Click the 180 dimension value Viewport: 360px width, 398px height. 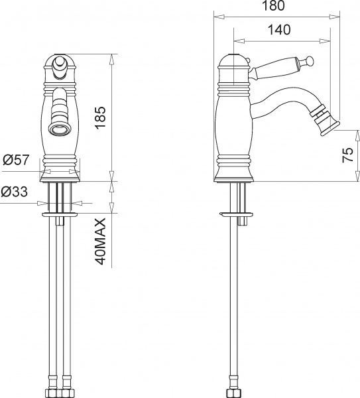272,7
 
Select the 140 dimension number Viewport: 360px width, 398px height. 282,29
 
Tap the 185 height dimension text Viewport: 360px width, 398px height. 101,117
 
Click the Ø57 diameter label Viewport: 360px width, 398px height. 15,160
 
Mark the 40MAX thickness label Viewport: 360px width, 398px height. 101,240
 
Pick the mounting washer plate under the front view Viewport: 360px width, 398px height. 61,215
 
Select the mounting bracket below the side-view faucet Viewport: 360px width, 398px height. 236,214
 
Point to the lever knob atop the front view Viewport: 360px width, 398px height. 60,64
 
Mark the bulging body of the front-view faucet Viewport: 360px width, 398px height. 61,126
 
